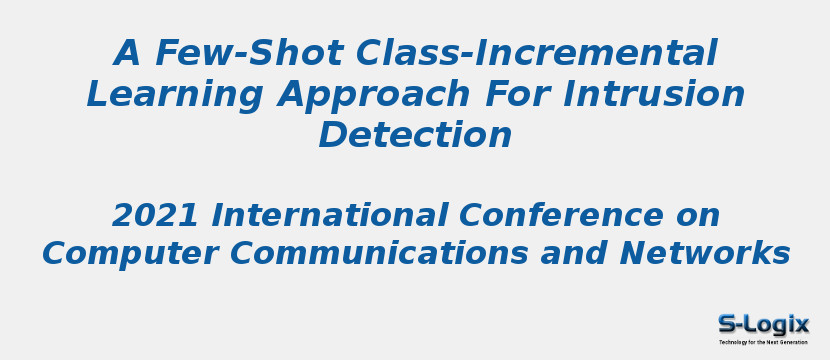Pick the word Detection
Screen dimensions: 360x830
click(x=415, y=135)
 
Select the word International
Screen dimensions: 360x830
click(x=330, y=215)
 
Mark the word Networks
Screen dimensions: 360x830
click(x=705, y=254)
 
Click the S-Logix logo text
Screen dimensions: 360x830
click(x=763, y=324)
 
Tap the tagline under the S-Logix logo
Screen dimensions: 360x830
click(x=763, y=342)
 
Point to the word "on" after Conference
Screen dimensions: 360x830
click(x=698, y=215)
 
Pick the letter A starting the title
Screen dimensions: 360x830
click(x=129, y=53)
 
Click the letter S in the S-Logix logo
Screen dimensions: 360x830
click(x=728, y=324)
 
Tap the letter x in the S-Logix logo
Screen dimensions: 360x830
click(x=800, y=324)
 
